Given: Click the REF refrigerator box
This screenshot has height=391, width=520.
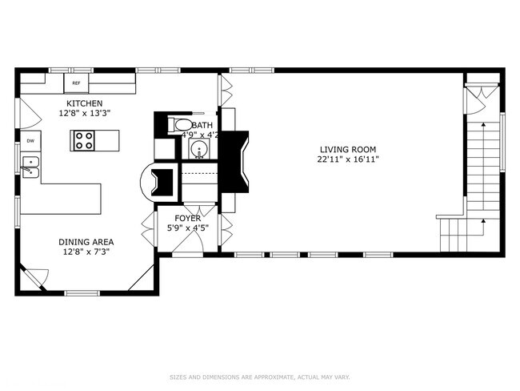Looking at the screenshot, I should point(77,83).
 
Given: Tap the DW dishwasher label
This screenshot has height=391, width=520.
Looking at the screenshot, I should point(30,141).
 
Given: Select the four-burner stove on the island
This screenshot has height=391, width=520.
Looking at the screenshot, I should point(84,140).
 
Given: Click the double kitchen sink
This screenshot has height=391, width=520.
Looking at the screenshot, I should point(30,167).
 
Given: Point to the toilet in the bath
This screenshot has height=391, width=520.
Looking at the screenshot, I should point(176,125).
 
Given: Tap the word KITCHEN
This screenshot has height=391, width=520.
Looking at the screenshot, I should point(84,104).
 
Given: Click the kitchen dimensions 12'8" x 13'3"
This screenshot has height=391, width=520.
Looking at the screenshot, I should point(84,114).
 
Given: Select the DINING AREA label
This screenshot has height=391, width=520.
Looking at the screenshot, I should point(85,241).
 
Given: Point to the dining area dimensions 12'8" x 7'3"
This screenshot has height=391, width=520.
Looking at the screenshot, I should point(85,251).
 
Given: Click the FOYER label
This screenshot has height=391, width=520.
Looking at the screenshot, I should point(188,218).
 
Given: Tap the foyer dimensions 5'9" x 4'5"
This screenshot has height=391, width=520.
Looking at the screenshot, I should point(188,228).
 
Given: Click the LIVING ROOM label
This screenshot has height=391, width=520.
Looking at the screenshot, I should point(347,149).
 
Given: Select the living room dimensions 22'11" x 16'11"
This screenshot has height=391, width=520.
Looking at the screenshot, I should point(347,159).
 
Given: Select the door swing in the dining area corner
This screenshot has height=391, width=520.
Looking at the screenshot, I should point(38,277).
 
